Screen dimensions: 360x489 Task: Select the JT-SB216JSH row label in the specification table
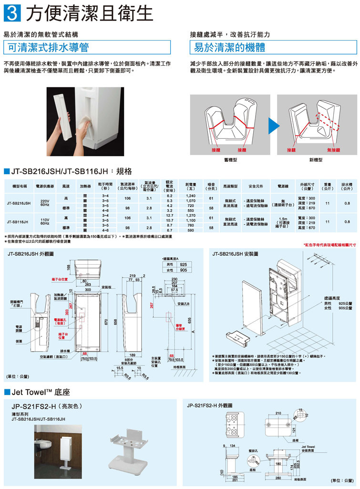click(20, 203)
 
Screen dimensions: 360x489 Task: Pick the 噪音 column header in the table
click(211, 186)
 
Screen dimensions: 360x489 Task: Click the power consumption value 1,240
click(191, 196)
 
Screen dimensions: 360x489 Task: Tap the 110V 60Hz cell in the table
click(45, 221)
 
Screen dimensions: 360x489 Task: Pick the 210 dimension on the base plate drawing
click(278, 413)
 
